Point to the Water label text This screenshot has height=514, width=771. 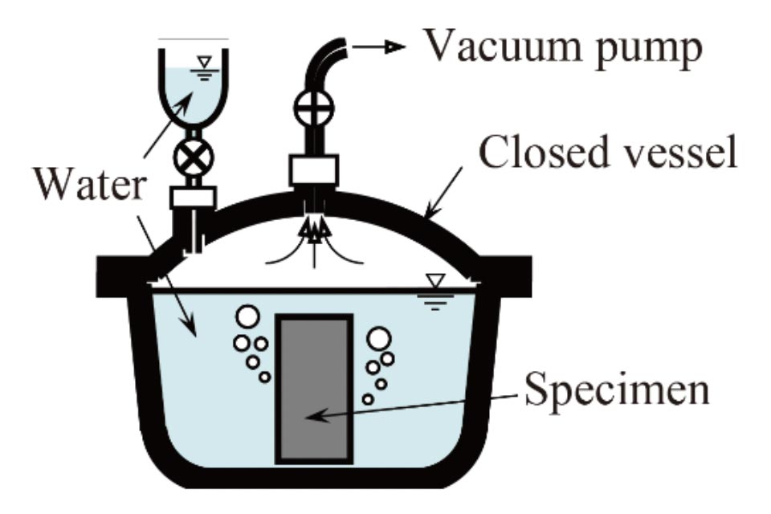[x=90, y=184]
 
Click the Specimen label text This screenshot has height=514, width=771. [x=617, y=389]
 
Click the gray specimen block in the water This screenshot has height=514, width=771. [x=314, y=389]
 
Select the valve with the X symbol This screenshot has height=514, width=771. [x=194, y=157]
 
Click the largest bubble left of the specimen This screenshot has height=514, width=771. [x=247, y=316]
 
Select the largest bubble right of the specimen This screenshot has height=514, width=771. [x=379, y=339]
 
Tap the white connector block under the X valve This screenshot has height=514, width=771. [x=194, y=198]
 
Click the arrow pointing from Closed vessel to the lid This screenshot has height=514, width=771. [x=443, y=192]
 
